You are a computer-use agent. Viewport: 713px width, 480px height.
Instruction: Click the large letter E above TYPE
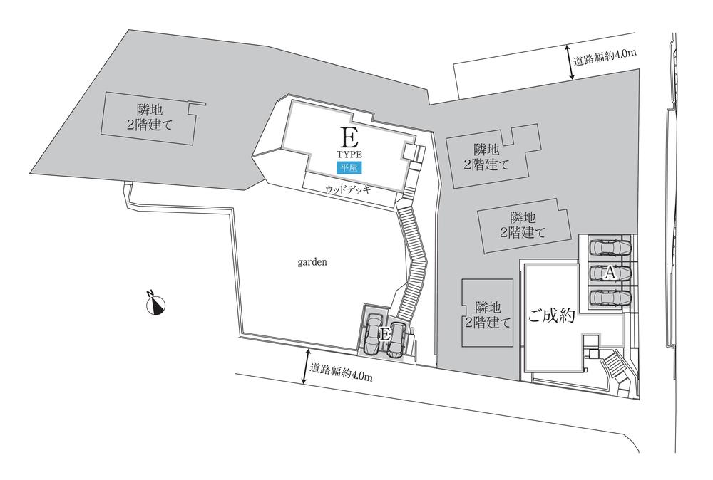(x=349, y=137)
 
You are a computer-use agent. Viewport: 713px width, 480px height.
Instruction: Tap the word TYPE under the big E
(x=349, y=154)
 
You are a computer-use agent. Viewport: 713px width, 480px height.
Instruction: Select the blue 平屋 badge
(x=349, y=168)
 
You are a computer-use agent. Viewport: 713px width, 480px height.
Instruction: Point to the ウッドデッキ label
(x=349, y=191)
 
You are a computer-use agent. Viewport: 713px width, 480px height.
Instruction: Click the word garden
(x=312, y=261)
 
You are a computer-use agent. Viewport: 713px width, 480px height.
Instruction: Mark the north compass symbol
(x=156, y=303)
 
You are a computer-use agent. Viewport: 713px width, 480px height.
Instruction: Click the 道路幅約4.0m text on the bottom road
(x=342, y=372)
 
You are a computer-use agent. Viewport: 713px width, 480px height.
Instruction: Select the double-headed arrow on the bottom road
(x=306, y=367)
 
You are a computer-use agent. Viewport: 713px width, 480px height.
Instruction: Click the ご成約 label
(x=551, y=317)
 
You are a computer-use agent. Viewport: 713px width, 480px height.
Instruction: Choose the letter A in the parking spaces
(x=610, y=272)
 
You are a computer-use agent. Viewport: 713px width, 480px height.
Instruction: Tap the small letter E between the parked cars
(x=385, y=333)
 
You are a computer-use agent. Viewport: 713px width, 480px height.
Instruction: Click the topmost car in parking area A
(x=610, y=247)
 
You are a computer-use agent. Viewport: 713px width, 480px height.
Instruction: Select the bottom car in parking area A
(x=610, y=296)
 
